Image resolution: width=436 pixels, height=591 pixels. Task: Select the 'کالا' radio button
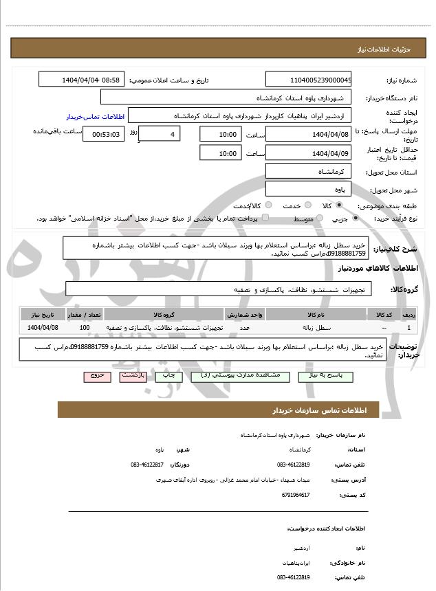[339, 205]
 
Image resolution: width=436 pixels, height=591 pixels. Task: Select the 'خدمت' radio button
[307, 205]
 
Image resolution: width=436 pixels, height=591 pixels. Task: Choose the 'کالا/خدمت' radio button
[268, 205]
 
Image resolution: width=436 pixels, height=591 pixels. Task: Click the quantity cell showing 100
[85, 328]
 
